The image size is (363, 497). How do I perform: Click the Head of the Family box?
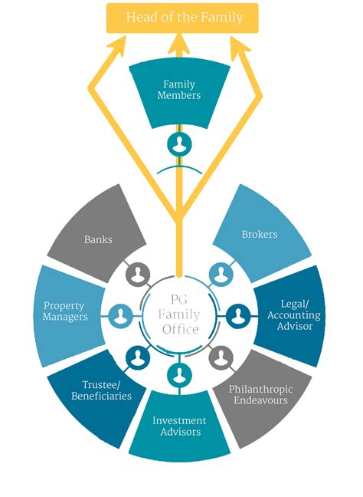(181, 17)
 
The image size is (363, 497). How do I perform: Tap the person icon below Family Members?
(178, 143)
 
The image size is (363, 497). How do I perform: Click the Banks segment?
(98, 239)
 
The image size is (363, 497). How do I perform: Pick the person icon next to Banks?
(139, 273)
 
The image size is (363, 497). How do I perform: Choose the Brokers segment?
(259, 234)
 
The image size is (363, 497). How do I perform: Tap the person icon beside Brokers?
(221, 273)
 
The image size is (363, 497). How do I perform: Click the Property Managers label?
(64, 311)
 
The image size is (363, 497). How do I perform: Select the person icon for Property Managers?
(121, 314)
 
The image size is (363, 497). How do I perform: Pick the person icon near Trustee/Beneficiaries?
(138, 355)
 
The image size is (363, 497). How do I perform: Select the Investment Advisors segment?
(179, 426)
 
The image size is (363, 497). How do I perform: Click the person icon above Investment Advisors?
(179, 374)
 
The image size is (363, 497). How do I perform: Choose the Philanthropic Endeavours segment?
(262, 393)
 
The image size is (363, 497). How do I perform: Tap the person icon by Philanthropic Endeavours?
(221, 356)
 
